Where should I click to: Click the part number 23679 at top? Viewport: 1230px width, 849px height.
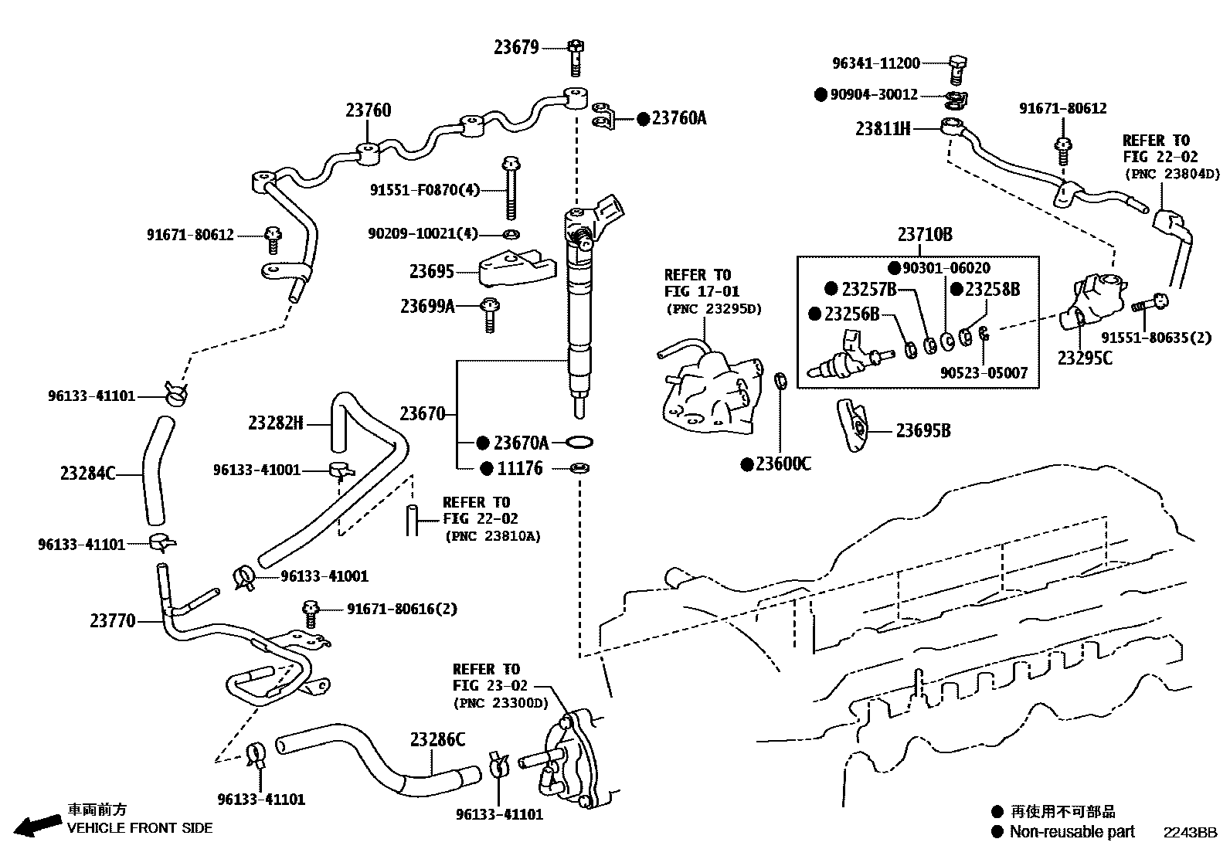point(516,48)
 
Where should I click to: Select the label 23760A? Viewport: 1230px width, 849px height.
point(678,118)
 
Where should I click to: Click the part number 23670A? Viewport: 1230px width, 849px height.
point(520,443)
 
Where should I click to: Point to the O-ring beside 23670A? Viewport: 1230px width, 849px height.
point(579,443)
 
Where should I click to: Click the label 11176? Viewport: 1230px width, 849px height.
point(519,468)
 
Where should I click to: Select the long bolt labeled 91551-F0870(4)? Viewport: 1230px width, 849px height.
point(509,189)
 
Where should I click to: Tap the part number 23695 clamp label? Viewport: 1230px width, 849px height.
point(431,271)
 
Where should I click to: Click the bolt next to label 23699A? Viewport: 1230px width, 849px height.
point(488,314)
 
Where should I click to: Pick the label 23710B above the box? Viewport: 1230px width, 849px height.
point(924,234)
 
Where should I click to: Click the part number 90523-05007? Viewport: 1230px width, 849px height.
point(984,373)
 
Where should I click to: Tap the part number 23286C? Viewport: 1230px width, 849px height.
point(437,740)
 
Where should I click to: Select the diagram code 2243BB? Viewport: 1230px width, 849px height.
point(1191,832)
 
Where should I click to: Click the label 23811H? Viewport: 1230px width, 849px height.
point(882,129)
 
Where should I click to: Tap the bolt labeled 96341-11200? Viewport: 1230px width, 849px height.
point(956,69)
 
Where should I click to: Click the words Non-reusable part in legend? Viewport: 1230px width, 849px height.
point(1072,831)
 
